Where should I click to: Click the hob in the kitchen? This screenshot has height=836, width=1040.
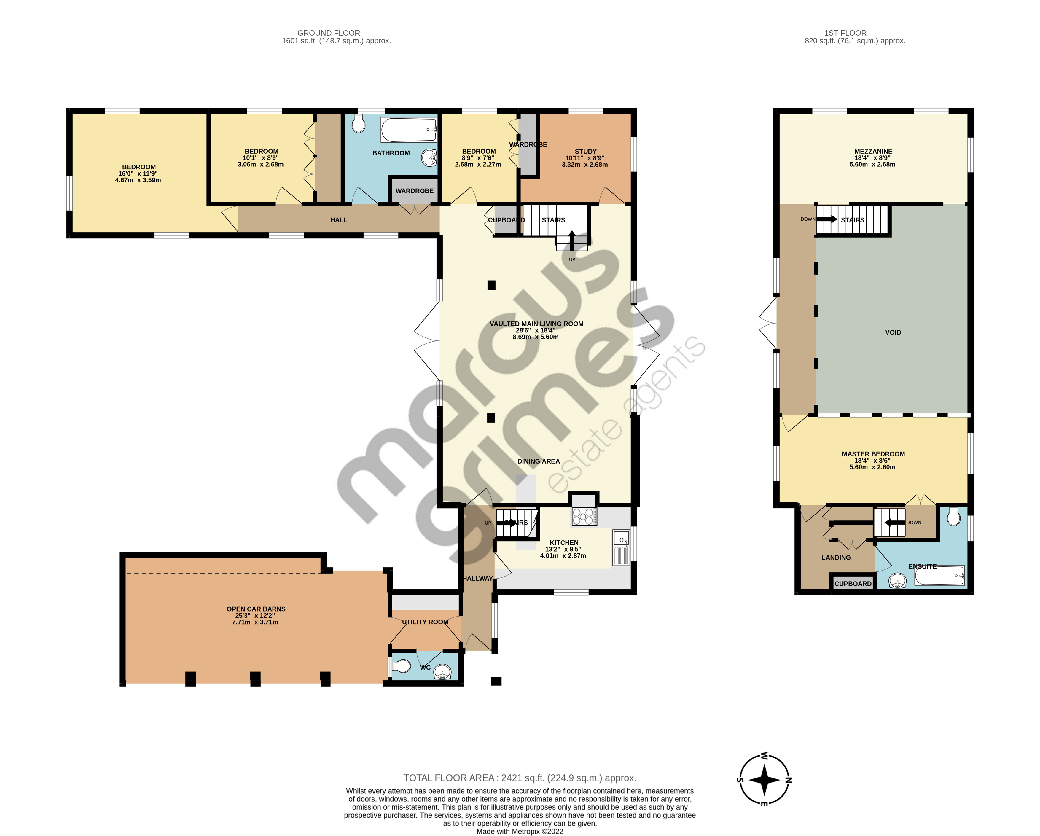click(x=584, y=517)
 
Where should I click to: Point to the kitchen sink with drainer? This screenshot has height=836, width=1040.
click(x=621, y=547)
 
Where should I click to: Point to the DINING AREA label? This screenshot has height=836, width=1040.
click(x=538, y=461)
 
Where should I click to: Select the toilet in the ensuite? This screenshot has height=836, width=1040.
click(x=953, y=517)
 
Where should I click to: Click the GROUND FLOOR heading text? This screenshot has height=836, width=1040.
click(x=329, y=33)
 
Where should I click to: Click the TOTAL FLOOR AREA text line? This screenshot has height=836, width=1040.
click(x=520, y=778)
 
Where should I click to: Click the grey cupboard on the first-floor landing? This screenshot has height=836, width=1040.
click(x=852, y=583)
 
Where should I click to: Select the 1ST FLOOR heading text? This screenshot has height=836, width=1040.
click(x=845, y=33)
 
